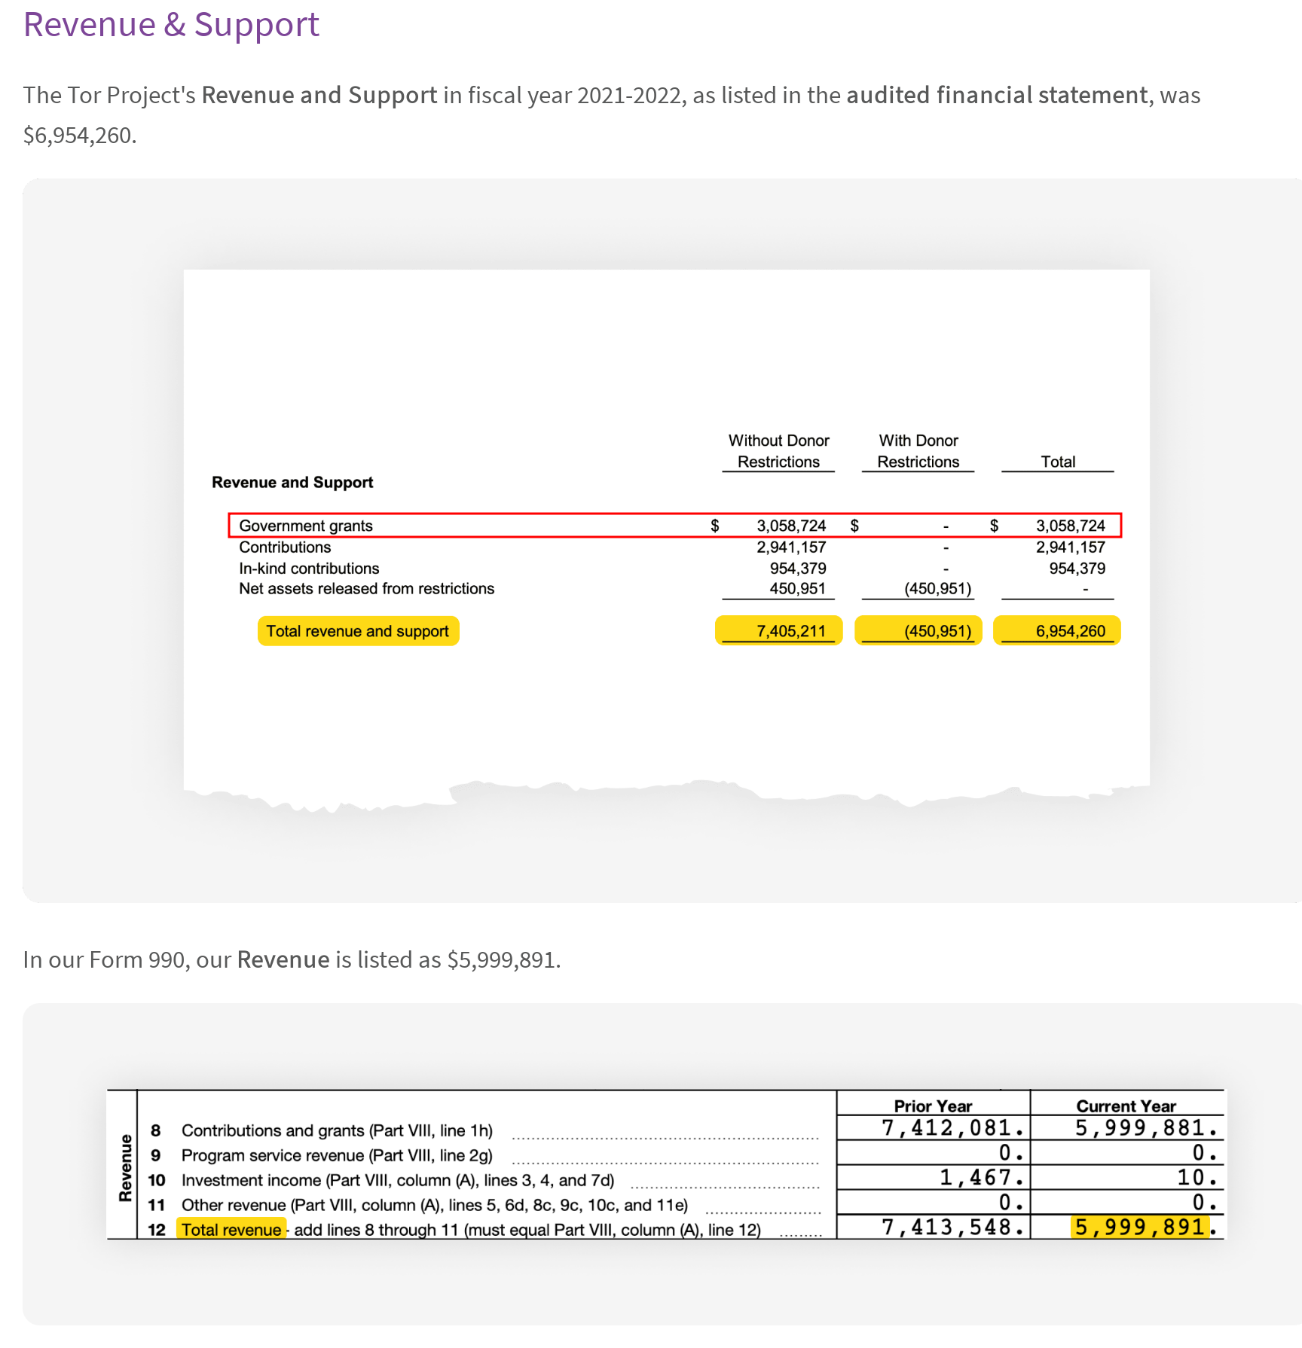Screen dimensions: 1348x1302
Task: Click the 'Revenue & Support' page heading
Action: [171, 25]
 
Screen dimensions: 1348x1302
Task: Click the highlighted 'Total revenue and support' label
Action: [358, 631]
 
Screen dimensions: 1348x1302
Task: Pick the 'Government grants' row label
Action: [306, 526]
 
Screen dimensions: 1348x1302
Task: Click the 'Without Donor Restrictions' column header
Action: [778, 451]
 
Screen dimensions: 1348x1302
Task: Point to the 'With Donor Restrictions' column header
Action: [918, 451]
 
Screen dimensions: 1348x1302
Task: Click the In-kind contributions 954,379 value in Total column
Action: [1077, 569]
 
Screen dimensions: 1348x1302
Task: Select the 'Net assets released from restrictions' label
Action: [366, 589]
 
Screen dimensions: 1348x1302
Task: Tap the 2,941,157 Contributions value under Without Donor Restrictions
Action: [791, 547]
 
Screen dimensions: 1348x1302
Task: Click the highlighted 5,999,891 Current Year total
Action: [1139, 1228]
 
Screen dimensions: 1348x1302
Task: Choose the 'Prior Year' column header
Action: [933, 1106]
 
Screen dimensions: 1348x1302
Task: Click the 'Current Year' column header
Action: [1126, 1106]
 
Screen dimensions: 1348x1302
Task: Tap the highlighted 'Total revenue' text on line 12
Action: [231, 1230]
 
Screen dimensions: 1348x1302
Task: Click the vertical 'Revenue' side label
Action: [126, 1168]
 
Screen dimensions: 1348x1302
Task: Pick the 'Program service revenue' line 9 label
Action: [337, 1155]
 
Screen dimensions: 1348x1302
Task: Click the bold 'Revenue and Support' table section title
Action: [292, 483]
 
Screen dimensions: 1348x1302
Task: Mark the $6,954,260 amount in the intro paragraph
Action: [78, 136]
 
